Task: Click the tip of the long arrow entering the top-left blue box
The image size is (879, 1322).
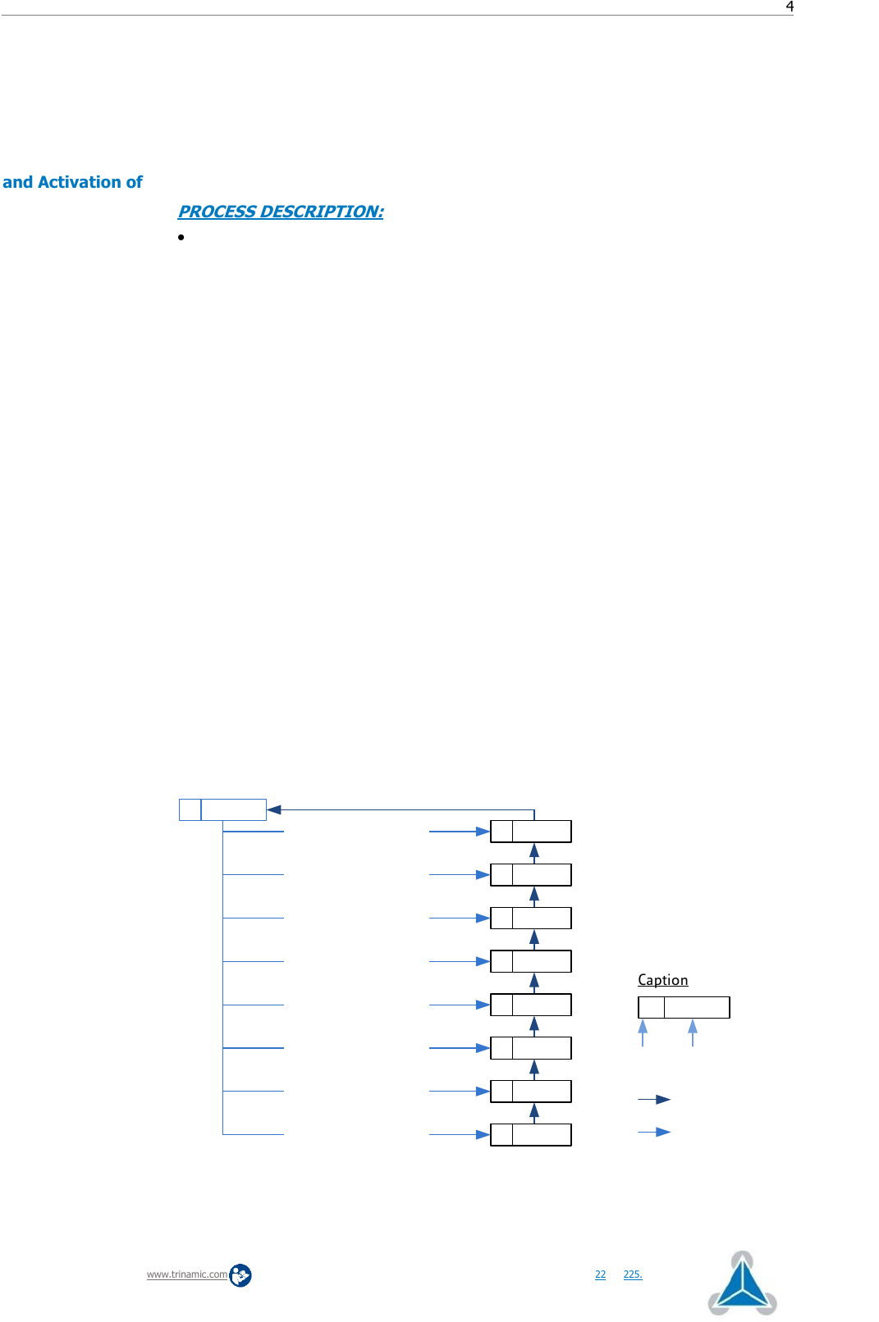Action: point(267,809)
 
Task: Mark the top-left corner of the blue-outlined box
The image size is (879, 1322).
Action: point(180,799)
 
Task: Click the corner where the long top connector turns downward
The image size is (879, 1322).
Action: point(534,809)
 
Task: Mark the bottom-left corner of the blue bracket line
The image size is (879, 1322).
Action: point(222,1134)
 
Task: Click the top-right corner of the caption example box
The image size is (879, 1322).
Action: point(730,996)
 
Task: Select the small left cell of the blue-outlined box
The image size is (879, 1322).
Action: point(190,809)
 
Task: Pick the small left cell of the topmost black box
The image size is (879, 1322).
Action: point(501,831)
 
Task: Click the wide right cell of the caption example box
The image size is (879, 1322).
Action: point(697,1007)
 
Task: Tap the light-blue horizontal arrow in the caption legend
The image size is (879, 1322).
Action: point(654,1132)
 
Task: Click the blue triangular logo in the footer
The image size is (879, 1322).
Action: point(742,1283)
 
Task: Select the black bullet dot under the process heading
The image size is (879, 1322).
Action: point(181,237)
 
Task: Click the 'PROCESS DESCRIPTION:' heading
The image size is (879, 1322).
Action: point(281,212)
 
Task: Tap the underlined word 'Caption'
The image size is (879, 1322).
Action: point(663,980)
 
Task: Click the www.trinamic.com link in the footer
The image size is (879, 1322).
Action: point(187,1274)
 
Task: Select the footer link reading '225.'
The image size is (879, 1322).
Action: point(633,1274)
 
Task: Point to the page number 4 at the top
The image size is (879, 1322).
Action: point(790,7)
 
